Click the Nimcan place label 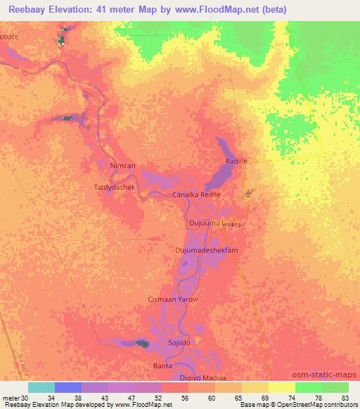point(123,165)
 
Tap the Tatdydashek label point(114,188)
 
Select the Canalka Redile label point(197,195)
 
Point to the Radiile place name point(237,161)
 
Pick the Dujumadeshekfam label point(207,250)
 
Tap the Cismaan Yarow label point(173,299)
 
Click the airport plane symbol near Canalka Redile point(247,193)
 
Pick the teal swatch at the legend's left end point(41,387)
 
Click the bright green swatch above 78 point(309,387)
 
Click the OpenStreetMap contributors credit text point(321,405)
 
